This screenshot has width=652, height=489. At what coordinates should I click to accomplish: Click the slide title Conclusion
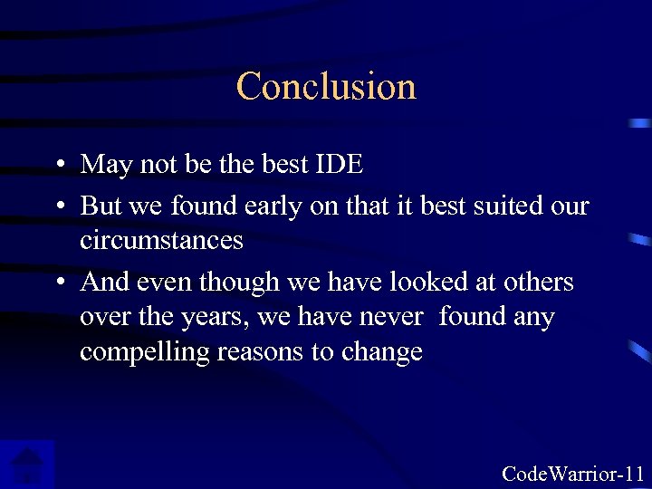click(x=326, y=86)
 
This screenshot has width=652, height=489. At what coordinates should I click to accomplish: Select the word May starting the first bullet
click(x=103, y=165)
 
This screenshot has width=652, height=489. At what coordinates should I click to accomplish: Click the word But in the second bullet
click(x=101, y=206)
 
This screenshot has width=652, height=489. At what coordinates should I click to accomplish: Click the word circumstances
click(x=161, y=240)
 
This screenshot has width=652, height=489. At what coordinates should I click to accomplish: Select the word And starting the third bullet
click(x=103, y=283)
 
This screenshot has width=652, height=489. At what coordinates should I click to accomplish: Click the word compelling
click(x=144, y=352)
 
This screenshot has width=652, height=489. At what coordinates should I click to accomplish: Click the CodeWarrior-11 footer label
click(x=572, y=474)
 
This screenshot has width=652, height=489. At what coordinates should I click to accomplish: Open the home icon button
click(x=27, y=465)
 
